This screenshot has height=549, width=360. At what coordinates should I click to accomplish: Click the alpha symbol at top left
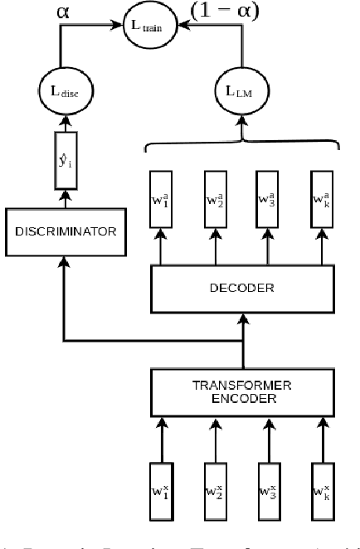click(x=63, y=12)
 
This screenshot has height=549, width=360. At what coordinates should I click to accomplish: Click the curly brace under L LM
click(x=244, y=145)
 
